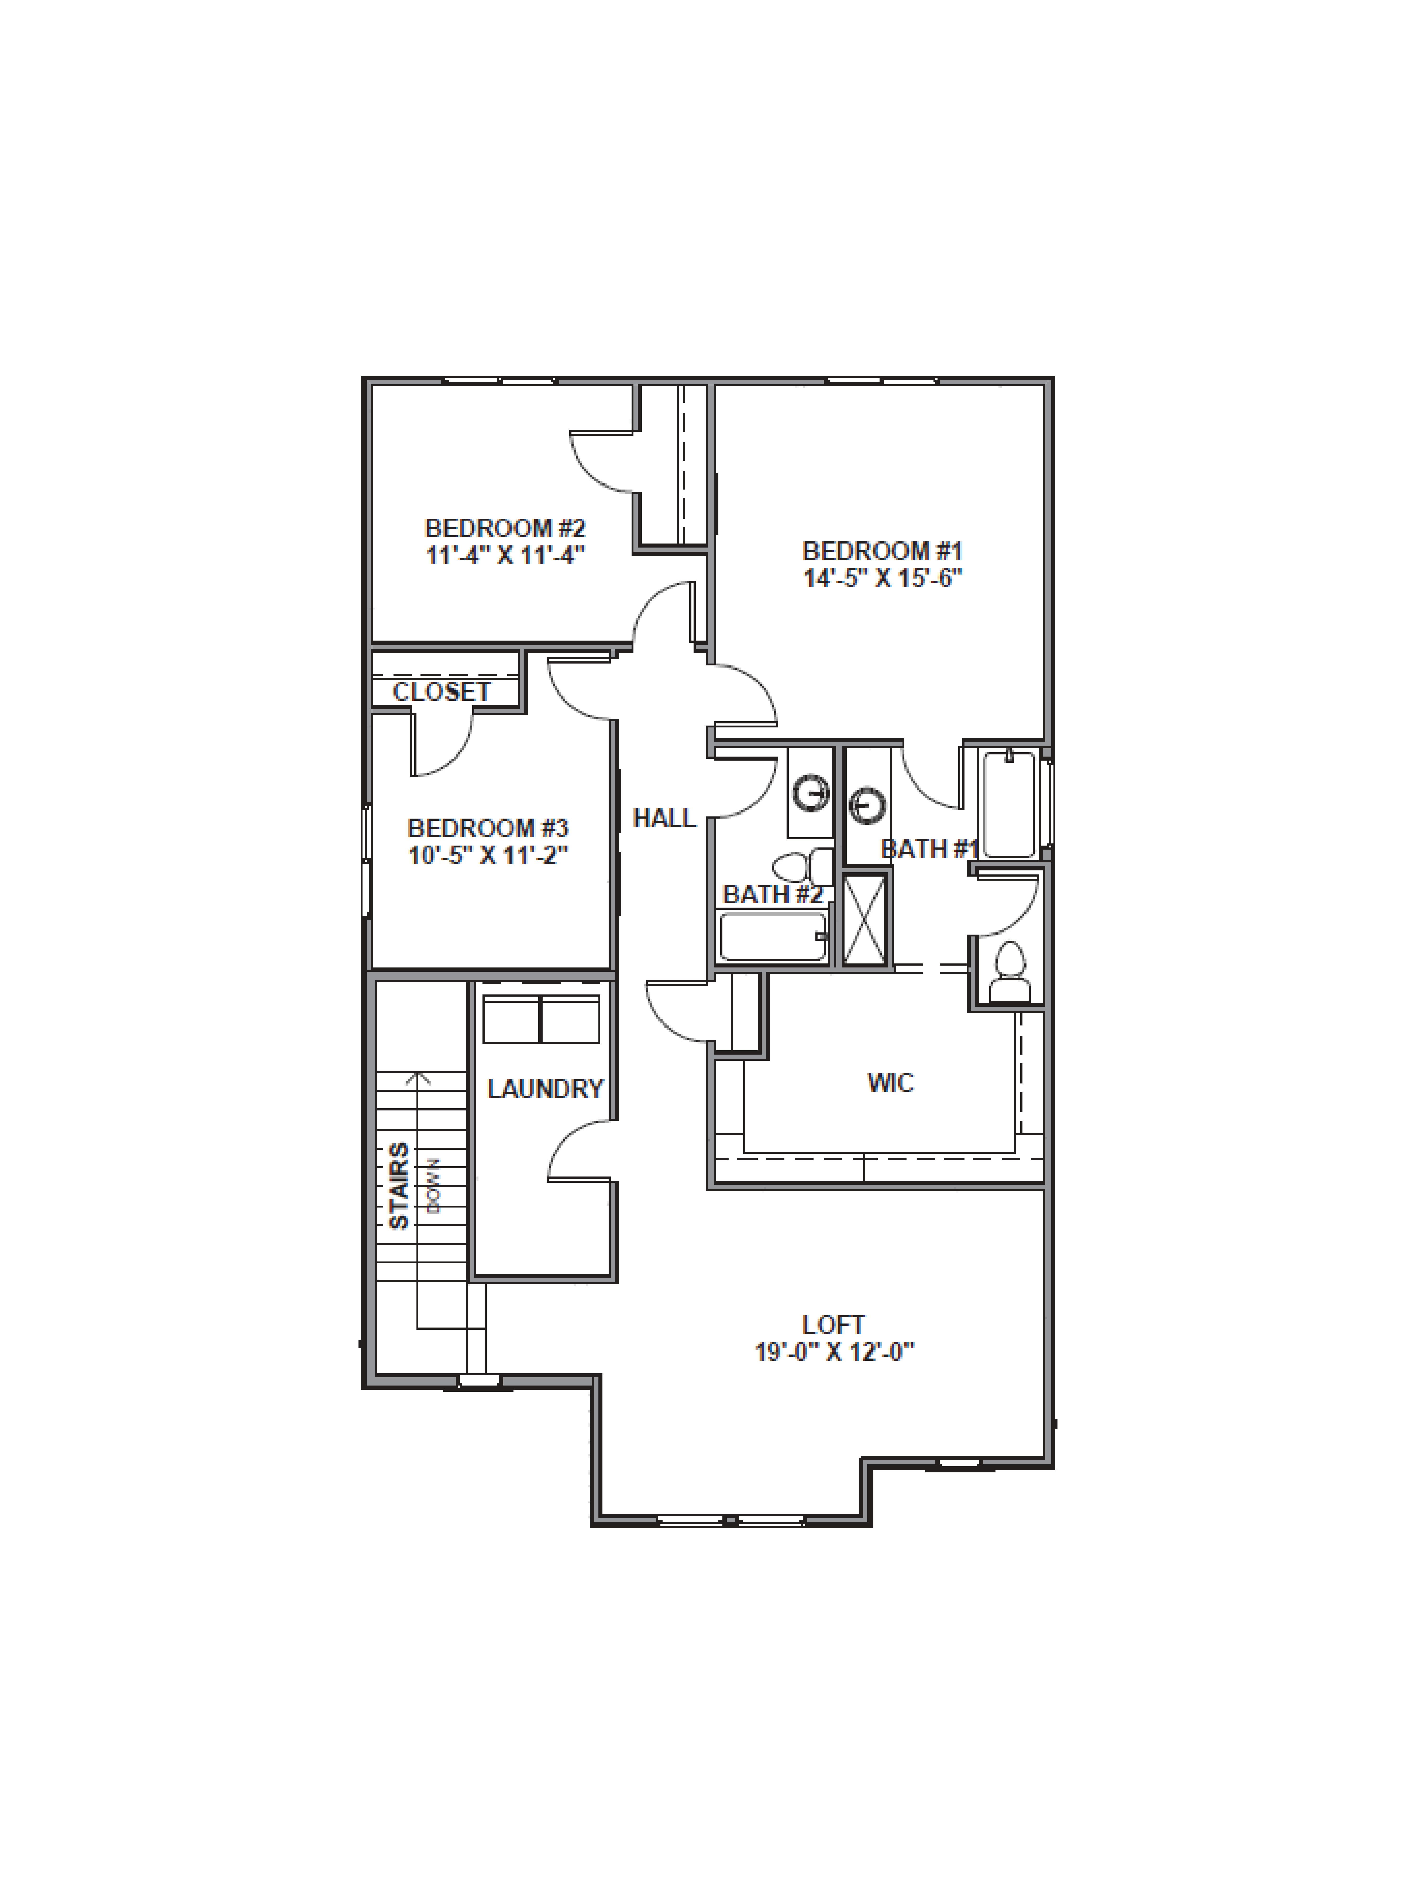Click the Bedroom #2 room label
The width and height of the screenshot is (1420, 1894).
[x=505, y=527]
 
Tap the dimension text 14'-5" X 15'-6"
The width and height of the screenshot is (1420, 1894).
[x=882, y=578]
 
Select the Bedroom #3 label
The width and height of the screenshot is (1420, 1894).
[x=488, y=828]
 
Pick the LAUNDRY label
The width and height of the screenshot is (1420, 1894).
[x=545, y=1088]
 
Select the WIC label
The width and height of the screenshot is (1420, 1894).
[x=890, y=1082]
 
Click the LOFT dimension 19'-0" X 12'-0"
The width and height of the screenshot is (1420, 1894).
[x=834, y=1352]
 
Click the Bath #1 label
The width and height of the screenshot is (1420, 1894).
[x=929, y=849]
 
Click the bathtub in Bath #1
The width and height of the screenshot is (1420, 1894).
[x=1010, y=803]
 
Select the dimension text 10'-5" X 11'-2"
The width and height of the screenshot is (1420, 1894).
[x=488, y=855]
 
